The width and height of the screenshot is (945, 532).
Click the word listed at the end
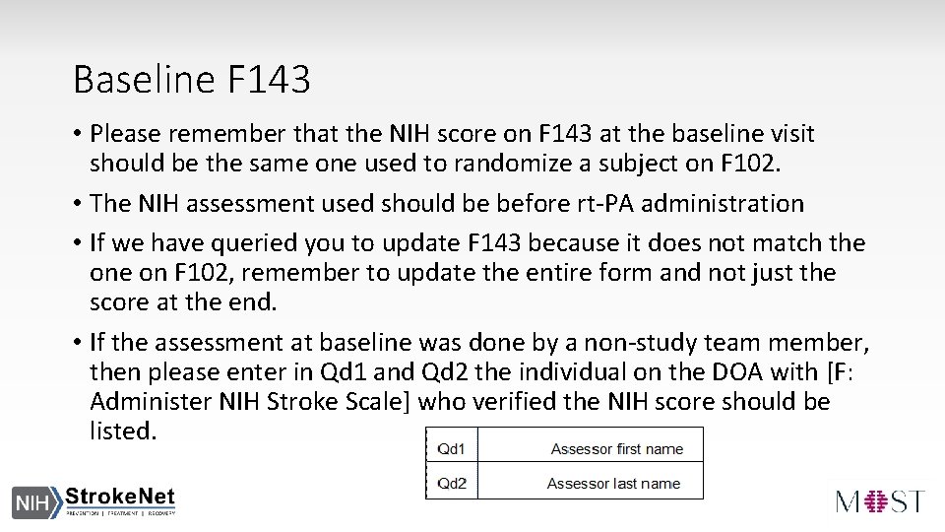click(x=121, y=432)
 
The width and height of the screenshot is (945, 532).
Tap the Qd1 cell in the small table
click(x=451, y=449)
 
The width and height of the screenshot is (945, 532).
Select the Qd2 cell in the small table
click(x=451, y=483)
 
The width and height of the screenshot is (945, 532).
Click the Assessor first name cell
click(x=616, y=449)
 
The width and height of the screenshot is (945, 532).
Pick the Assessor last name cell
click(x=614, y=483)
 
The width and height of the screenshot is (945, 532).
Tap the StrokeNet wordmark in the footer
click(x=120, y=497)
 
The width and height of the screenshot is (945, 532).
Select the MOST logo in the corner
click(x=880, y=499)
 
